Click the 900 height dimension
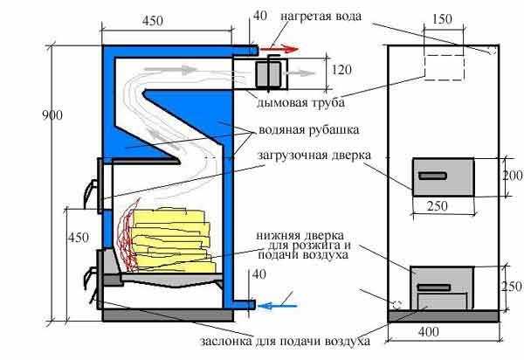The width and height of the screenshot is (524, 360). (x=32, y=114)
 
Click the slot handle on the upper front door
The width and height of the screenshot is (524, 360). (x=431, y=177)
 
